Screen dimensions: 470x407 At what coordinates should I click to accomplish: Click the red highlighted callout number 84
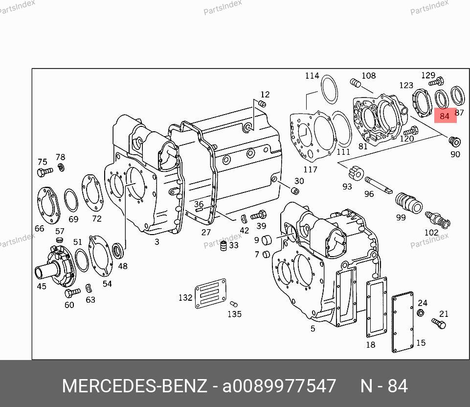445,116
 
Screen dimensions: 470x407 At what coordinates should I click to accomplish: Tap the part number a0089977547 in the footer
279,386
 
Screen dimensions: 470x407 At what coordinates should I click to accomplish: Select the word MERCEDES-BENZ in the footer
134,386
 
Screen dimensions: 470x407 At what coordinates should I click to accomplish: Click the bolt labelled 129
436,81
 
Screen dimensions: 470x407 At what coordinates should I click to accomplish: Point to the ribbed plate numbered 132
210,293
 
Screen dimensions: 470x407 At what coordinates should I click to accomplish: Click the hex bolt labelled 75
45,172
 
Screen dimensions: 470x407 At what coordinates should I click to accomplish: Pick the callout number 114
312,75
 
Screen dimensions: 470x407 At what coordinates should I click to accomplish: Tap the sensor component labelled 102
437,220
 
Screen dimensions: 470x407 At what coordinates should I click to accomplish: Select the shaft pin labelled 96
378,185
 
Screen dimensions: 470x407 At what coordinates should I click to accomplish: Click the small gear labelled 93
356,173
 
